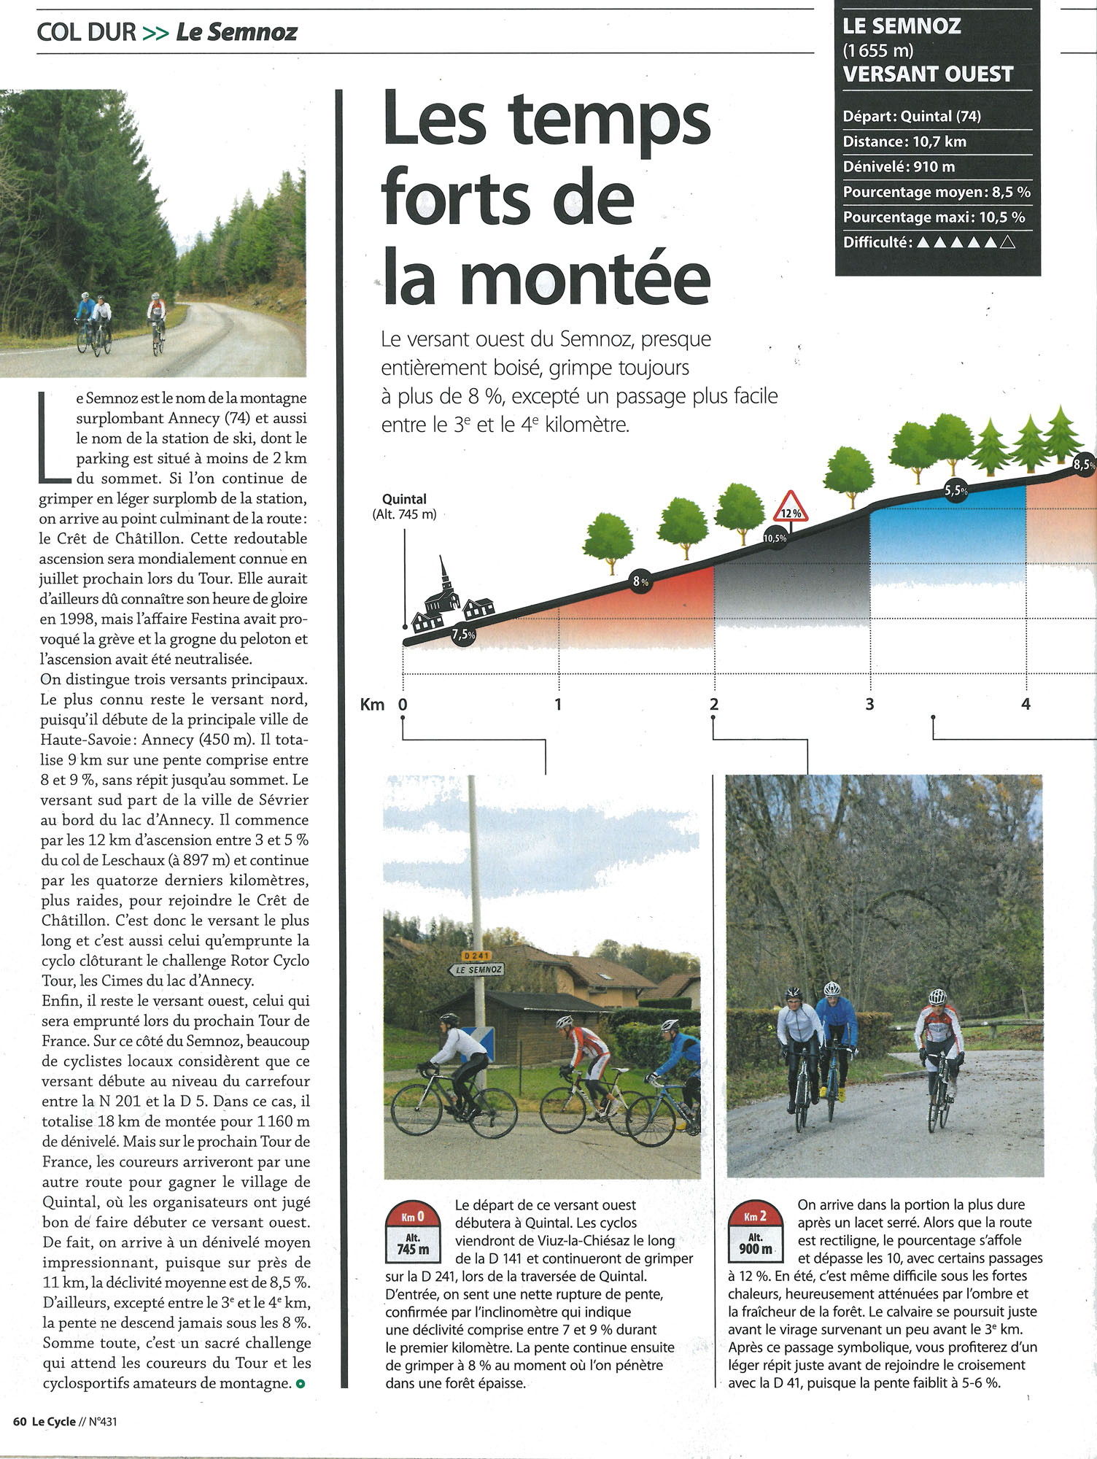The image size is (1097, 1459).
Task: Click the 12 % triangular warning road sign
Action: point(791,507)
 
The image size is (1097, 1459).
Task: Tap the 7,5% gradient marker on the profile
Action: point(463,634)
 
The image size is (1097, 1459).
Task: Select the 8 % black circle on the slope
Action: point(640,581)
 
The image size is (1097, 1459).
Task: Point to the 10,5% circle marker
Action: point(775,538)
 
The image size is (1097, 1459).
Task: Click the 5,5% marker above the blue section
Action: point(955,491)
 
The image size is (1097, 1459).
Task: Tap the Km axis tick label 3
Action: point(869,704)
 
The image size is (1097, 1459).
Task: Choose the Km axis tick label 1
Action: point(558,704)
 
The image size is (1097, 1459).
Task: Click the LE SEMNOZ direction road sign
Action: point(476,970)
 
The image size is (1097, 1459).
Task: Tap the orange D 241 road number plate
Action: point(477,955)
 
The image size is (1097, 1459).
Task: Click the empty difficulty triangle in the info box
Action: point(1007,242)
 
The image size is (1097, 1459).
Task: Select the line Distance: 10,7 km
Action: point(904,142)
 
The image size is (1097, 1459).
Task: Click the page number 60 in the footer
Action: point(20,1421)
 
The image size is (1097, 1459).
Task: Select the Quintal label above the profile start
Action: point(404,499)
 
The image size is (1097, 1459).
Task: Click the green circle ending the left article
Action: point(301,1383)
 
